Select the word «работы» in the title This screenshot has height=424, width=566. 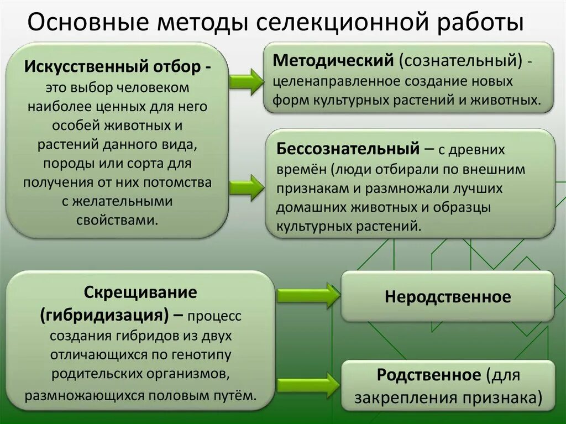[480, 24]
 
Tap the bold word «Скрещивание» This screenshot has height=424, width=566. [140, 291]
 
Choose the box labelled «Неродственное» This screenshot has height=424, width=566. [448, 297]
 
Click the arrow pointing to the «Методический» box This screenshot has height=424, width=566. [247, 81]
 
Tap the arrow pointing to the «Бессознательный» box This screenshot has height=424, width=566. [247, 187]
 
